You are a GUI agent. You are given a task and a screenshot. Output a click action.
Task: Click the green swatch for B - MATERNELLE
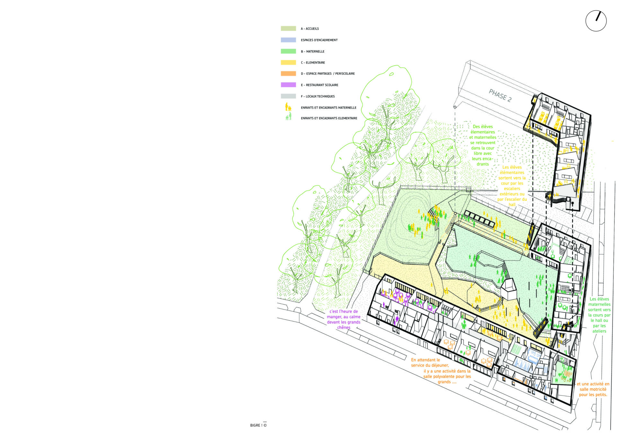288,51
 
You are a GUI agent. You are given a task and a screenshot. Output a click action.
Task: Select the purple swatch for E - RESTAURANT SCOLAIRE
288,85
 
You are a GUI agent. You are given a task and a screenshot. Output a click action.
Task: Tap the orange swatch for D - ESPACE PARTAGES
288,74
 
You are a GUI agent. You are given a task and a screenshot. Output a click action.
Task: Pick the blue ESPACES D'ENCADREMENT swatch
288,40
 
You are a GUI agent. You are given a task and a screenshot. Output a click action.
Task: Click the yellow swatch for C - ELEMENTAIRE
288,62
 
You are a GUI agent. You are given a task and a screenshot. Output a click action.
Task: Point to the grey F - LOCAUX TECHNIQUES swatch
288,96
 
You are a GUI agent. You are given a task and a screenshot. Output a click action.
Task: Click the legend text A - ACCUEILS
310,29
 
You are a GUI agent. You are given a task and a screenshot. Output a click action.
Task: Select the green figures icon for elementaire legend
289,116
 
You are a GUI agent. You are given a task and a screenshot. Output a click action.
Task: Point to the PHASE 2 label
500,96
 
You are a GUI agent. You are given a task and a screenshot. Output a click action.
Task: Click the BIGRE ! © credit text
258,425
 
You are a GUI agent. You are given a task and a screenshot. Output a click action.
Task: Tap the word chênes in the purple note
344,327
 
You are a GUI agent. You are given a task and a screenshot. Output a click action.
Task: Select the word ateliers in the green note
599,331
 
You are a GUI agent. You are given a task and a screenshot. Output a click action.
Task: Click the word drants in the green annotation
483,164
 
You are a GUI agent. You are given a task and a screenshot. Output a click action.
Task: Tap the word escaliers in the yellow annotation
512,189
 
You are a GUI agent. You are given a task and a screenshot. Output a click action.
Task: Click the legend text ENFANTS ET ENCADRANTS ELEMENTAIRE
329,118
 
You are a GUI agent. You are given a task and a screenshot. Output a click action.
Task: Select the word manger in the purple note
335,317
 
